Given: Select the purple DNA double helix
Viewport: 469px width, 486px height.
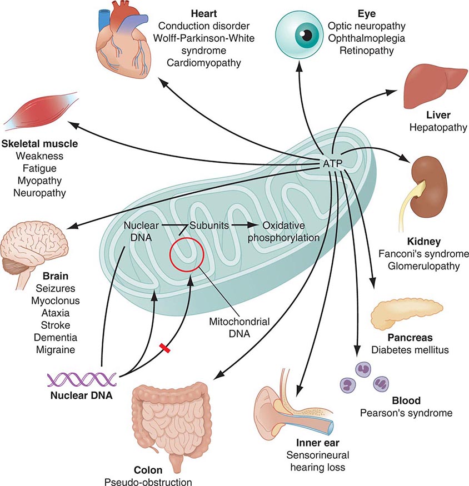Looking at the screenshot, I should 82,380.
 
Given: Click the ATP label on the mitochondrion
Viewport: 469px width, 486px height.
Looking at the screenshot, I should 332,163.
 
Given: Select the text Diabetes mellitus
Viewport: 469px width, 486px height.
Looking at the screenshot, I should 410,350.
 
